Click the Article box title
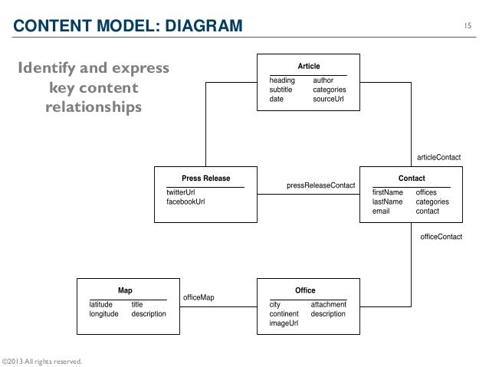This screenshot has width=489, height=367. tap(308, 67)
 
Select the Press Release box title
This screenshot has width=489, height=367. tap(205, 179)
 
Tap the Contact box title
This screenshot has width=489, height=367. tap(412, 179)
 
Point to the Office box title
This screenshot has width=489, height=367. tap(305, 290)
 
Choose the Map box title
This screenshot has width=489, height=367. tap(124, 290)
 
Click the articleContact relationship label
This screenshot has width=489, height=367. tap(438, 157)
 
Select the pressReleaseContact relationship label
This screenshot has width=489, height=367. tap(320, 185)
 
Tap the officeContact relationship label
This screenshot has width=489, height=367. tap(441, 237)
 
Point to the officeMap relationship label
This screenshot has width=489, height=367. tap(199, 297)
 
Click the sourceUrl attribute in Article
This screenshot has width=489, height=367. tap(330, 99)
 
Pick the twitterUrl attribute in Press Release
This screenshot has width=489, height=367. tap(181, 192)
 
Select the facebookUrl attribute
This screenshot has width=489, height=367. tap(185, 202)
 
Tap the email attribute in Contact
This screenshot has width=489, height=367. tap(381, 211)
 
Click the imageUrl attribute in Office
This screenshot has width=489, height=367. tap(284, 323)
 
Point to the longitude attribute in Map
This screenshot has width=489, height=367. tap(104, 314)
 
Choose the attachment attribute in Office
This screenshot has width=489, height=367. tap(328, 304)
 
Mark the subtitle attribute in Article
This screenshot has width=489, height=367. tap(282, 90)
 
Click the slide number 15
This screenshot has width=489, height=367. tap(468, 28)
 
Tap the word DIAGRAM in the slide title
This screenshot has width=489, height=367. tap(195, 28)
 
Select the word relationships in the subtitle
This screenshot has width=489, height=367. tap(94, 106)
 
